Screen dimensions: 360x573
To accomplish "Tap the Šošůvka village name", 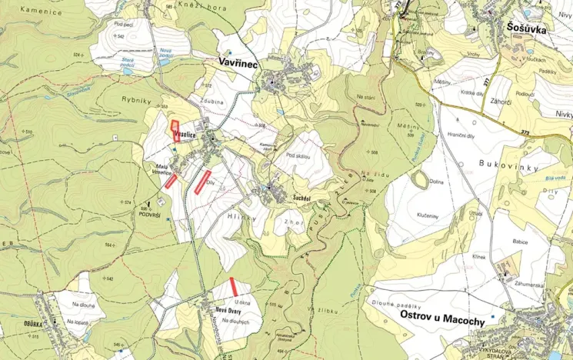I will [x=535, y=28].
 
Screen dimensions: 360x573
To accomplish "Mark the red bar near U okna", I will [x=232, y=285].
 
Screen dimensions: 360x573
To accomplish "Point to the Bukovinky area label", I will [x=507, y=164].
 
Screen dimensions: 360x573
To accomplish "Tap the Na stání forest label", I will [x=366, y=96].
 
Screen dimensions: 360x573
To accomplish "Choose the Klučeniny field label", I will [x=429, y=216].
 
